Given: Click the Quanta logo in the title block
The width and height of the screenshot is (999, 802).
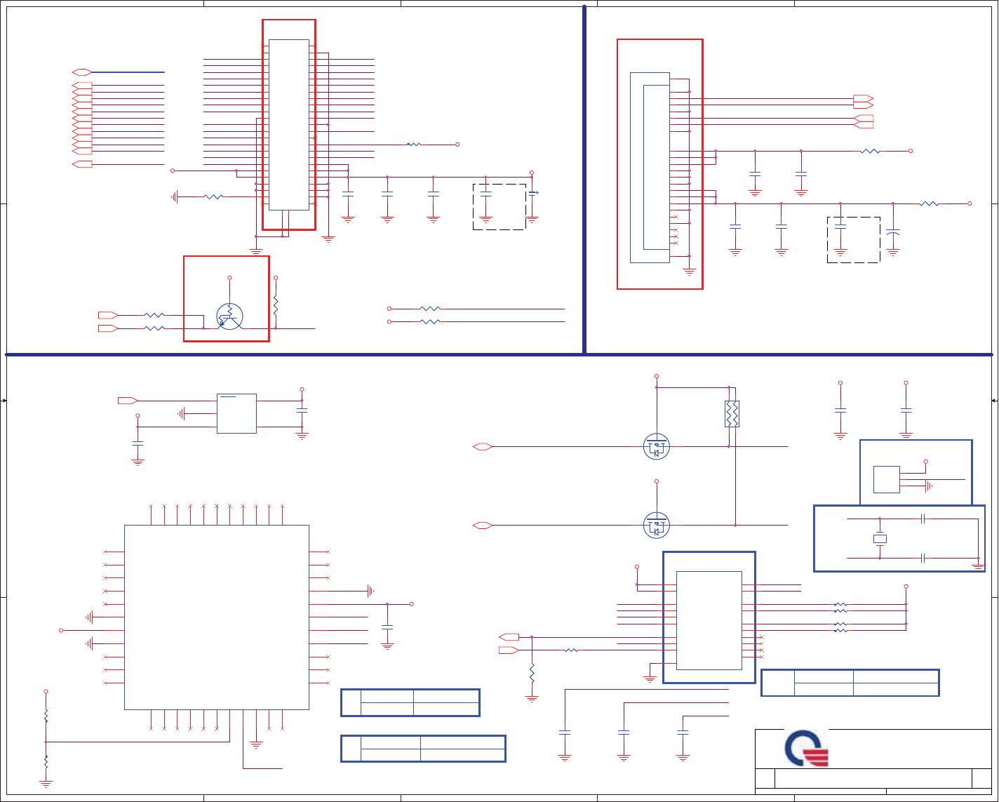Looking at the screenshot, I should click(x=807, y=749).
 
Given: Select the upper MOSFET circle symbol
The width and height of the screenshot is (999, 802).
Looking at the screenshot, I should click(x=657, y=446).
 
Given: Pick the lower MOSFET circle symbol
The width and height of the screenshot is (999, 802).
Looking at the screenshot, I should click(x=657, y=526).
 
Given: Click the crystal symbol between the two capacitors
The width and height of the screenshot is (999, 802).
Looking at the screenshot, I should click(x=880, y=539).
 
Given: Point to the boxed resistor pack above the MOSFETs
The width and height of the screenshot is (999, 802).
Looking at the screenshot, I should click(x=732, y=414).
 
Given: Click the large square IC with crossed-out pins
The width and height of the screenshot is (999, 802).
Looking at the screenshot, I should click(x=216, y=617).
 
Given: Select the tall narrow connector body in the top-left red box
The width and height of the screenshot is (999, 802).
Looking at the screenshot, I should click(x=288, y=124).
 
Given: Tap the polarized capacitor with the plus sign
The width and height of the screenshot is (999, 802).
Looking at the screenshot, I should click(x=532, y=193).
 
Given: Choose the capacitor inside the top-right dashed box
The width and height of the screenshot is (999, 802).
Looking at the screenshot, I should click(x=840, y=227).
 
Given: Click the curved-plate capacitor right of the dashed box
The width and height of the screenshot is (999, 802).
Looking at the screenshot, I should click(x=893, y=232).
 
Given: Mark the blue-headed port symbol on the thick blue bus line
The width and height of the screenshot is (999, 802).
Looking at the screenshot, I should click(x=82, y=72).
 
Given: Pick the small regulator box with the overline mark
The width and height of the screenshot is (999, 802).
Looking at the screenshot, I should click(x=236, y=413).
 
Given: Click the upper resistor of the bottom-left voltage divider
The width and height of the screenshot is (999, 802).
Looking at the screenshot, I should click(x=46, y=716).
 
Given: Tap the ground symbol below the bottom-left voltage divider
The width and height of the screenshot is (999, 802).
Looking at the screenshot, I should click(x=46, y=784).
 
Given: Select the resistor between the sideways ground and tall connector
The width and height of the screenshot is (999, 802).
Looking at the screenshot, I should click(x=213, y=197).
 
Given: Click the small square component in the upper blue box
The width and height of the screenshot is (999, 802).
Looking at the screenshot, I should click(x=886, y=479).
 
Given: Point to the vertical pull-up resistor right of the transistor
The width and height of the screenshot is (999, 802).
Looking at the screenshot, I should click(x=276, y=305).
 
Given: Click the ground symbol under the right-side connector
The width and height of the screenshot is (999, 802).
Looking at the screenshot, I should click(x=689, y=271).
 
